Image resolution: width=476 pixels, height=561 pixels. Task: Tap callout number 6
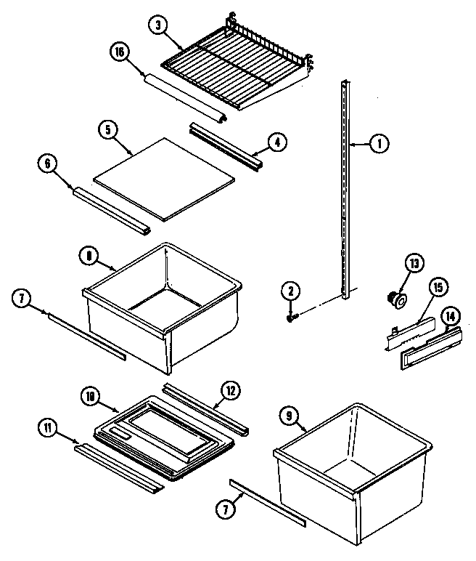click(x=48, y=164)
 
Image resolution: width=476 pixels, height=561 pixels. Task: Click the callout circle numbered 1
click(x=379, y=145)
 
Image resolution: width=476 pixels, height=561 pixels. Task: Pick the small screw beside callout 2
click(x=292, y=317)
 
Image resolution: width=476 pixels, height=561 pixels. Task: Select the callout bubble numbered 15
click(x=437, y=286)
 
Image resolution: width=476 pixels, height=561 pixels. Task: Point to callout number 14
click(x=450, y=317)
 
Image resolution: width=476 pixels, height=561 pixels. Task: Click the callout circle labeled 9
click(x=290, y=417)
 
